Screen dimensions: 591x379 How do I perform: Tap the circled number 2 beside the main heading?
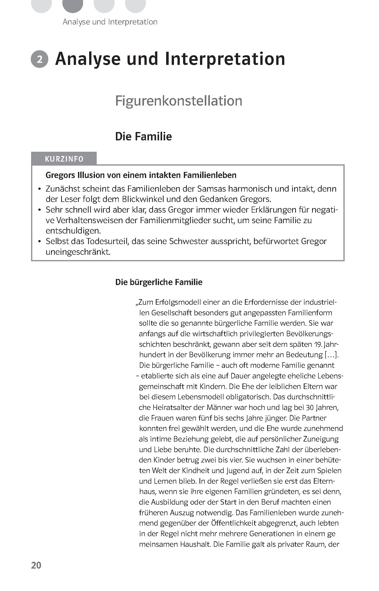pos(39,60)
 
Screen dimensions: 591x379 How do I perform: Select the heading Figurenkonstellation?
pos(179,101)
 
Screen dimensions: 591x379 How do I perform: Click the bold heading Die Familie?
pos(143,137)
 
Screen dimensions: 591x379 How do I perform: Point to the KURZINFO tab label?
pos(64,159)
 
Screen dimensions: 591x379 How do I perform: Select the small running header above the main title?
pos(110,22)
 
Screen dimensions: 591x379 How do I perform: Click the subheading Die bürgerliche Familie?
pos(159,282)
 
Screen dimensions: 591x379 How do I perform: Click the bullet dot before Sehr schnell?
pos(39,210)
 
